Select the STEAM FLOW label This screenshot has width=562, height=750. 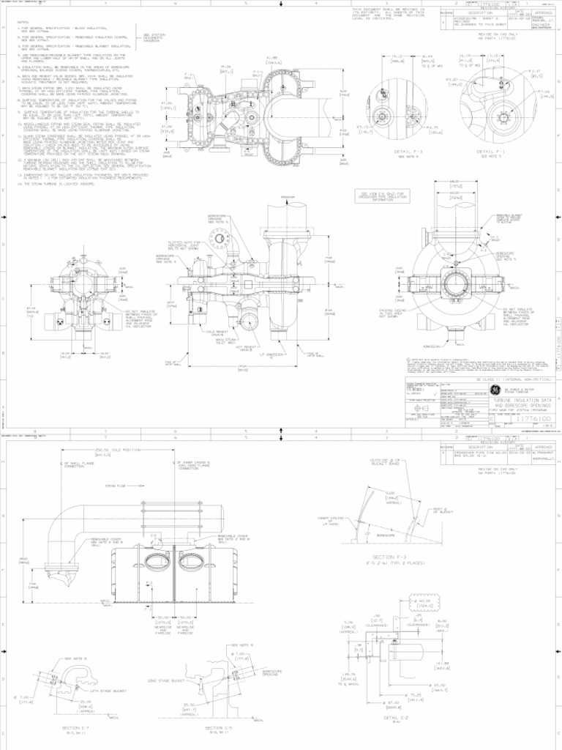point(116,485)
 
